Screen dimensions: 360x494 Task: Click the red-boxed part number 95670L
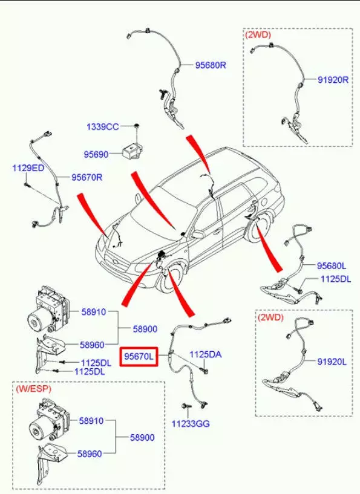[x=139, y=356]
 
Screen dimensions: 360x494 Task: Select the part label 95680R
[x=211, y=65]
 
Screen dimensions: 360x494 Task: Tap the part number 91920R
[x=333, y=80]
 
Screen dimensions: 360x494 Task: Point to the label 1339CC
[x=103, y=126]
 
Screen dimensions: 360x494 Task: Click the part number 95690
[x=96, y=154]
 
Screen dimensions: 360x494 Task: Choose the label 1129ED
[x=28, y=168]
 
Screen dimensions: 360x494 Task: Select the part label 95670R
[x=87, y=177]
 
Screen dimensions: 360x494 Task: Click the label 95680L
[x=332, y=266]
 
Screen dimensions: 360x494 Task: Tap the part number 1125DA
[x=205, y=354]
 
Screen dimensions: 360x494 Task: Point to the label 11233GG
[x=191, y=423]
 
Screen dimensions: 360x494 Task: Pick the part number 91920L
[x=332, y=362]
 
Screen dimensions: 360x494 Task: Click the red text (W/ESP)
[x=33, y=389]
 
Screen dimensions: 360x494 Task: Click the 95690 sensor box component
[x=131, y=151]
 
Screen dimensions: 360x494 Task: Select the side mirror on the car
[x=198, y=235]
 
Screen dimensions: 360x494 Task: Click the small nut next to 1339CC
[x=137, y=126]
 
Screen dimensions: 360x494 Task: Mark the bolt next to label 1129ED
[x=27, y=184]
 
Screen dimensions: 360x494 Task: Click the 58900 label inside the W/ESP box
[x=142, y=438]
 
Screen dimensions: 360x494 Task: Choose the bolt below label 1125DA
[x=205, y=370]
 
